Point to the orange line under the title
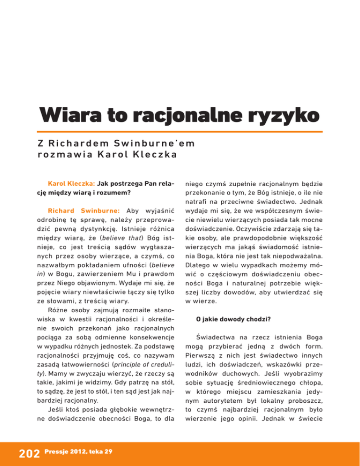180,131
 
